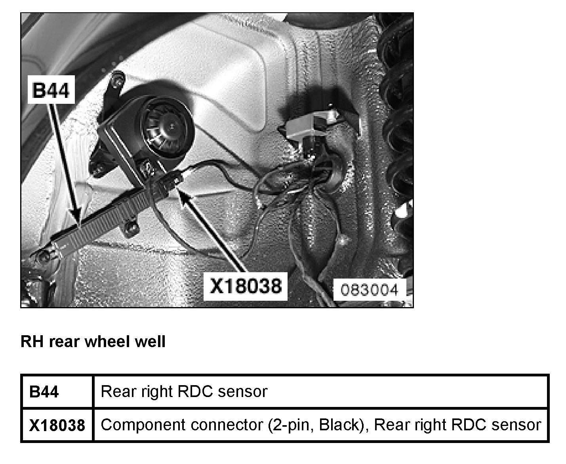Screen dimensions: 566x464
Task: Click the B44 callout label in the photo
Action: coord(50,91)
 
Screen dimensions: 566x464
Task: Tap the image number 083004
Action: coord(369,290)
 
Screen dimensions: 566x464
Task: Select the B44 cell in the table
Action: coord(44,392)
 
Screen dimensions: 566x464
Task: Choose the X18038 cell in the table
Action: coord(57,425)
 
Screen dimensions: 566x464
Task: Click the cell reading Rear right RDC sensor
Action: coord(184,391)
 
